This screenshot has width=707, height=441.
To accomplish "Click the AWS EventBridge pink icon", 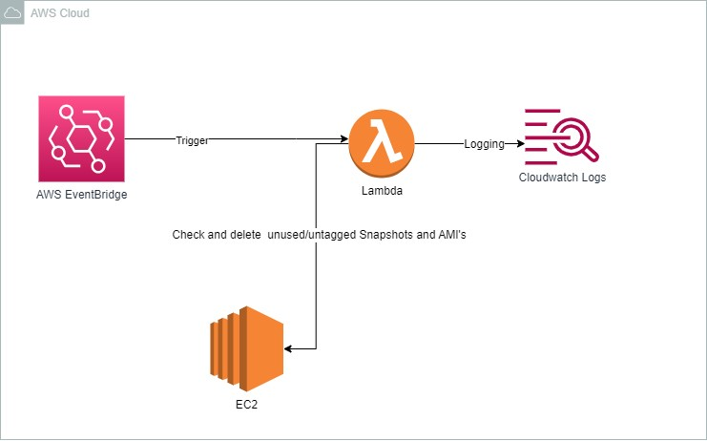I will coord(81,139).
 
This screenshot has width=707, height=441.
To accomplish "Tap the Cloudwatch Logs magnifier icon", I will coord(562,138).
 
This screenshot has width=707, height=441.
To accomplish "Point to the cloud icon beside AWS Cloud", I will coord(12,13).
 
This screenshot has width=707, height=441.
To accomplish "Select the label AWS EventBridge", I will coord(81,196).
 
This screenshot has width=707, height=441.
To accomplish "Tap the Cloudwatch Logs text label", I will coord(562,178).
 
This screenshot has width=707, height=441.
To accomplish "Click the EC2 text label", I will coord(246,405).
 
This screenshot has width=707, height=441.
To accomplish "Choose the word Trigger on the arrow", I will coord(192,140).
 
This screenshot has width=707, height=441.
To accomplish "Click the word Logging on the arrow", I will coord(484,144).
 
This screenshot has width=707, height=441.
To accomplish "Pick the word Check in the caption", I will coord(188,235).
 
